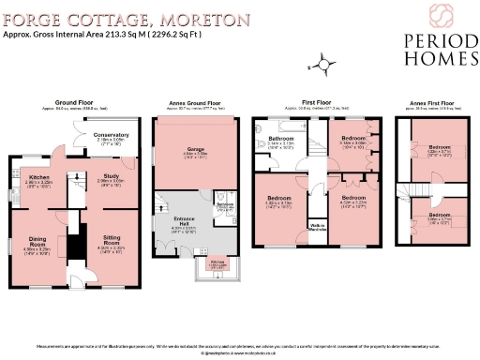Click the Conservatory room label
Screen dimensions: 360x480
tap(112, 135)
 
